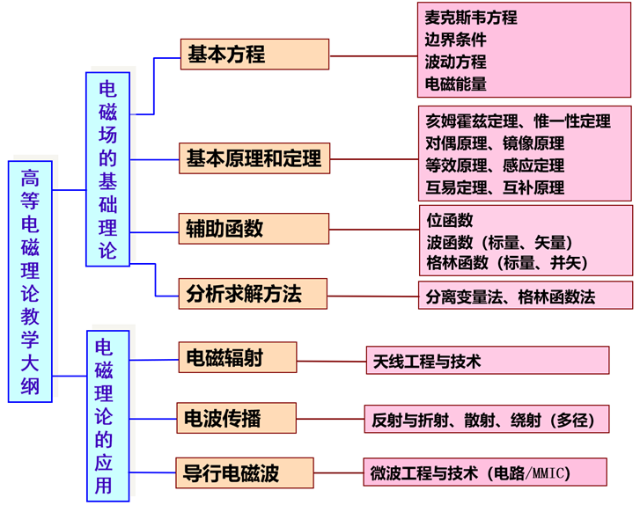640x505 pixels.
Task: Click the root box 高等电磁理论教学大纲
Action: (30, 282)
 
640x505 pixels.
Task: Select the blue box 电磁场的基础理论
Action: (107, 169)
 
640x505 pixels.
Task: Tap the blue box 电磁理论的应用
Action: (107, 415)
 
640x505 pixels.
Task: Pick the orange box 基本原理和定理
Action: (254, 159)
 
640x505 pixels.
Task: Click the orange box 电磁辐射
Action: (237, 357)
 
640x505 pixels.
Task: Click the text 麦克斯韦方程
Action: (471, 18)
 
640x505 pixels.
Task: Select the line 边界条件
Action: (455, 40)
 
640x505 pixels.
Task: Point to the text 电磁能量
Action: (455, 84)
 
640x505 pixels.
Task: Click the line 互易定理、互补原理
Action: (495, 187)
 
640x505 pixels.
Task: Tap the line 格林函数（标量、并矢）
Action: (506, 262)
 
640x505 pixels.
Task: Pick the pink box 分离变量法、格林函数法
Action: (525, 296)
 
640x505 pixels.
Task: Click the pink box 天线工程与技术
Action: (488, 360)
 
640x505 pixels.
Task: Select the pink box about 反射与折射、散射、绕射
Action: (486, 420)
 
